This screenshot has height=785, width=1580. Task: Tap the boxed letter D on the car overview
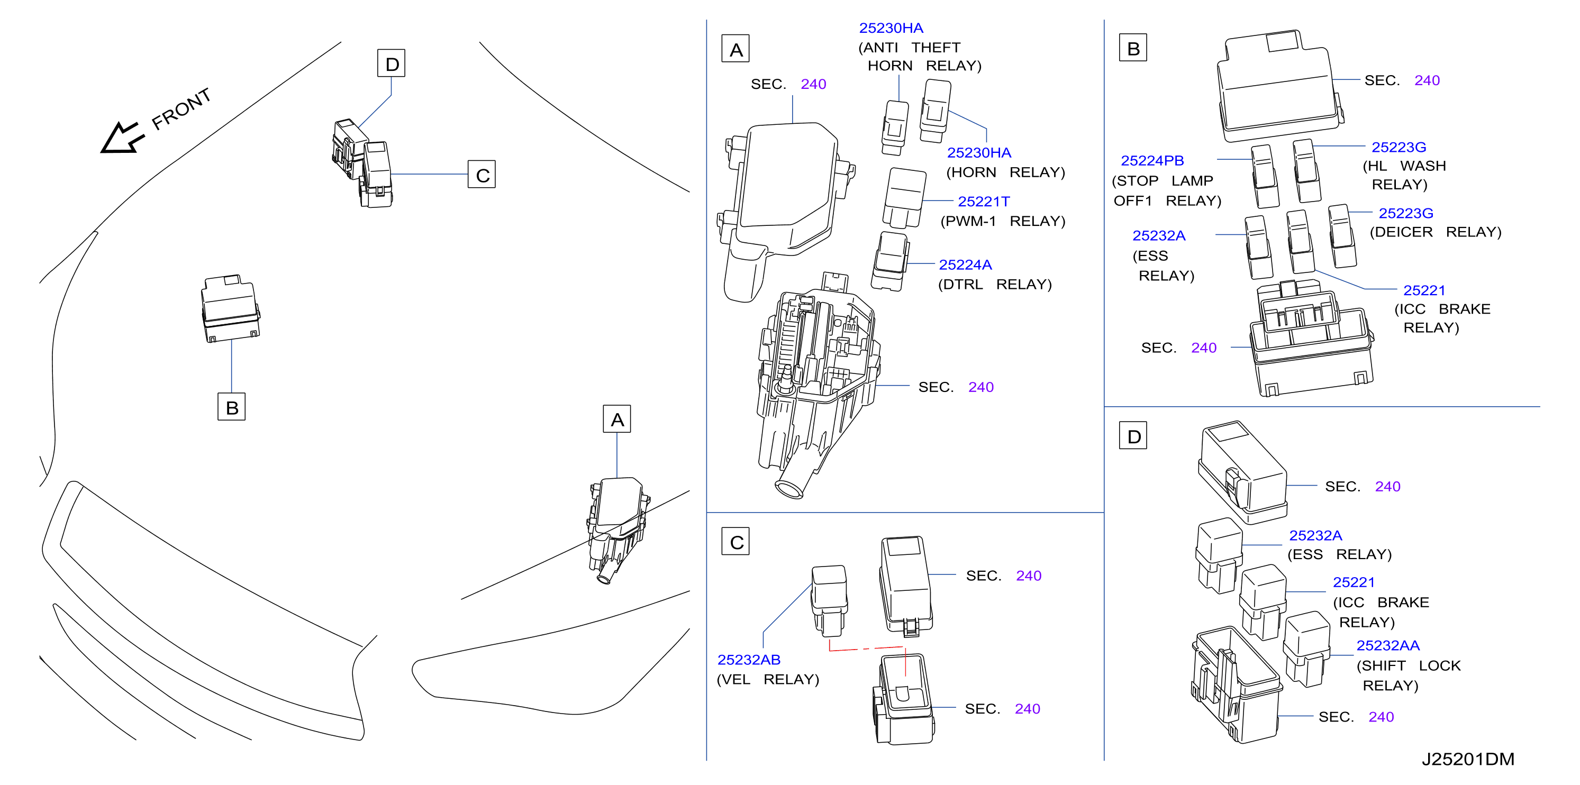392,63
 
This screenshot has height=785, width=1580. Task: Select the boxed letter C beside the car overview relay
482,175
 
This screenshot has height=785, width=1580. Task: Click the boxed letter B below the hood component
232,407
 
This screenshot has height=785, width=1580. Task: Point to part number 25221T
983,201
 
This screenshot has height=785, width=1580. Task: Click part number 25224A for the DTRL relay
965,264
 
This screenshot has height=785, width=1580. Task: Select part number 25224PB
1152,161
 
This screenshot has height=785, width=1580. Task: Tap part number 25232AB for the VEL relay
748,660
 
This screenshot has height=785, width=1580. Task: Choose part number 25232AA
1387,645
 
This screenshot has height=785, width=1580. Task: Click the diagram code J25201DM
1468,759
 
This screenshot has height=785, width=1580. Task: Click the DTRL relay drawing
889,261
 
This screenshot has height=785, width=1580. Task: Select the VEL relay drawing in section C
830,600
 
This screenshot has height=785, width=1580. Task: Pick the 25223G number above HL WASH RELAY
1399,147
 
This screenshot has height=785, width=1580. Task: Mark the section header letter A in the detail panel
735,49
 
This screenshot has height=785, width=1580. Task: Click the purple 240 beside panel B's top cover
1427,80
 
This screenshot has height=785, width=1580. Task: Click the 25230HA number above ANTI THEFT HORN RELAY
891,28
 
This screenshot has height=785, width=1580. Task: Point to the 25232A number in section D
1315,535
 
